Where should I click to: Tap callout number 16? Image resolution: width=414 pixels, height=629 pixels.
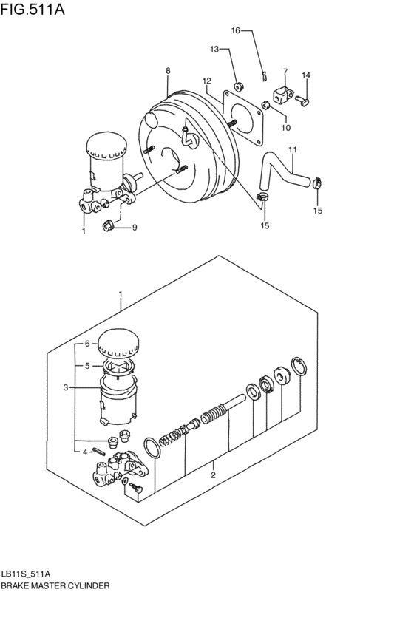click(236, 30)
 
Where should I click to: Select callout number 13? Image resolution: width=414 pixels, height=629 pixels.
click(214, 49)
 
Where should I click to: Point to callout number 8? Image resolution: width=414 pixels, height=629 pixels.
click(168, 71)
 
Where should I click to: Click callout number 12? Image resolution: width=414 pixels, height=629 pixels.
click(207, 81)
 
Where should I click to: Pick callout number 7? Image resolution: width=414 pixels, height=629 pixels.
click(285, 72)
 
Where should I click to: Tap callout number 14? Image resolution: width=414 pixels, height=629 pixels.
click(306, 75)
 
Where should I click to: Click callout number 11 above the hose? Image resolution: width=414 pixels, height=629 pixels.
click(292, 150)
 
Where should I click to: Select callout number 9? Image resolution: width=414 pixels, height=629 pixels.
click(135, 228)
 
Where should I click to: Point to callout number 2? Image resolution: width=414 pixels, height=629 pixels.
click(213, 475)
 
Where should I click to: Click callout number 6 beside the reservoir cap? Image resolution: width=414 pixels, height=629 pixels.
click(86, 344)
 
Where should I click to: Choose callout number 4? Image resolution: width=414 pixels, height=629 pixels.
click(86, 452)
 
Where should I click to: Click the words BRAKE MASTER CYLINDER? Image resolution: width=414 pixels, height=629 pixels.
click(55, 585)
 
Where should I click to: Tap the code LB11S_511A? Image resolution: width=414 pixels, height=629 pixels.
click(26, 573)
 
